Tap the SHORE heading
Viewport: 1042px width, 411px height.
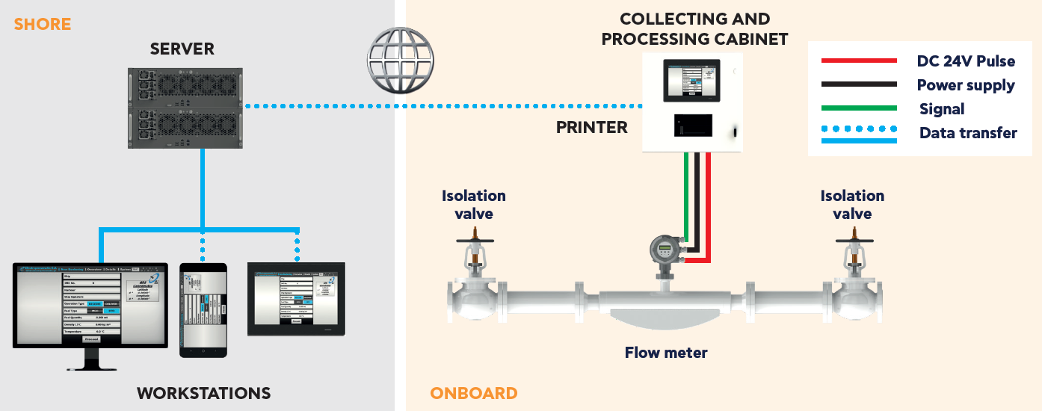point(43,24)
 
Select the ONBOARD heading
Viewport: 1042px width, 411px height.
point(474,393)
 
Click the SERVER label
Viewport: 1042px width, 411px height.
point(182,49)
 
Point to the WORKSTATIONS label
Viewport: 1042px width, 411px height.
point(203,393)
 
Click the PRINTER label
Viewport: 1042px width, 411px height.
point(591,127)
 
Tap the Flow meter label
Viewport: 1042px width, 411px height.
point(666,352)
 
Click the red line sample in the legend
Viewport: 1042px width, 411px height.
point(859,61)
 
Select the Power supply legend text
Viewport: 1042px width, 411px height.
point(966,85)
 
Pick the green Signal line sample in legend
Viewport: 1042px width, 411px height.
point(859,108)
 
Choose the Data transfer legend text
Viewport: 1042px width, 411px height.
point(968,133)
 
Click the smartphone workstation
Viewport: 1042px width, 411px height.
point(203,309)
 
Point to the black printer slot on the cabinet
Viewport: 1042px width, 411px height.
point(691,126)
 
